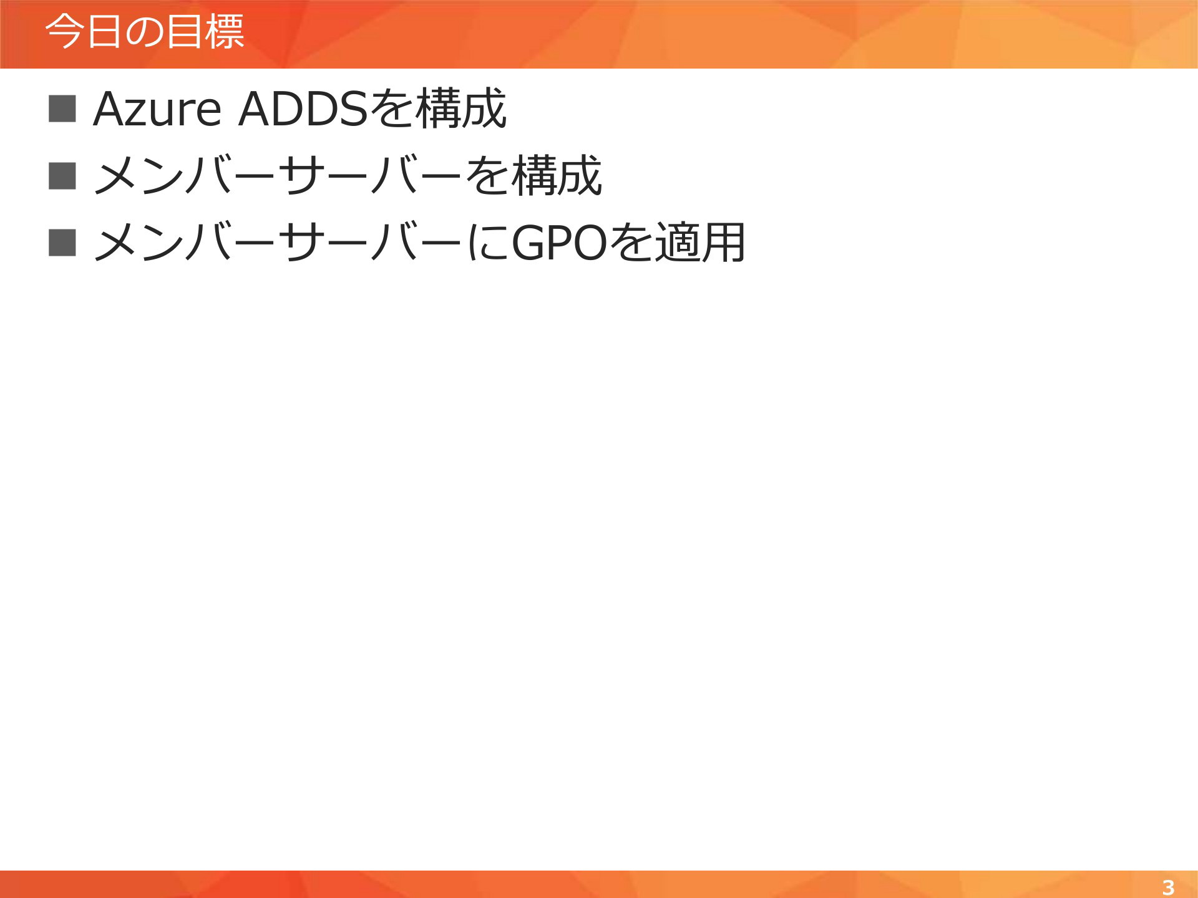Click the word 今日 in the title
pos(83,31)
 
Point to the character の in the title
pos(144,32)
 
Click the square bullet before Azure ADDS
pos(62,109)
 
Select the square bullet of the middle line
pos(62,175)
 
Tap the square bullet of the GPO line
pos(62,243)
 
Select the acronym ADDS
pos(303,109)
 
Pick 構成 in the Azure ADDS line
pos(460,109)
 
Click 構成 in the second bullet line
pos(557,176)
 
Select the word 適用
pos(699,243)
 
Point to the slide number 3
pos(1168,887)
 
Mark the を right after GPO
pos(630,243)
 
